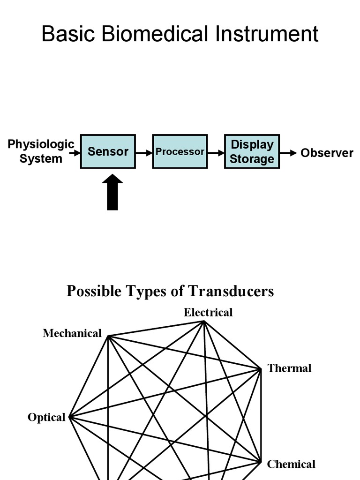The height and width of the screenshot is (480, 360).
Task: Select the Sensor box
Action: (108, 151)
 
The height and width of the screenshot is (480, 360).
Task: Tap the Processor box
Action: (180, 151)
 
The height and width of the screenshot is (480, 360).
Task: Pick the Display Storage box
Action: (252, 151)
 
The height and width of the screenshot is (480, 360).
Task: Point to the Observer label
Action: (327, 153)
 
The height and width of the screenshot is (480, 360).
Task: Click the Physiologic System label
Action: (41, 151)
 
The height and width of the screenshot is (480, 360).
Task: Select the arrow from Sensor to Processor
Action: (144, 153)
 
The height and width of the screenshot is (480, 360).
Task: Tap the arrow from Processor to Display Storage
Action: (216, 153)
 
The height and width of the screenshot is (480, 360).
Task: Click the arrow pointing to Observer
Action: (288, 153)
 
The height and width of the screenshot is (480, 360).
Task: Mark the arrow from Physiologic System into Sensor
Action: (75, 153)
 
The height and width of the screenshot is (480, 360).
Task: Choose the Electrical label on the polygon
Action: (208, 313)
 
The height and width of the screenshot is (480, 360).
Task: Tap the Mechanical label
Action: (72, 333)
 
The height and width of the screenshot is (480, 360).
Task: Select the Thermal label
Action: (289, 368)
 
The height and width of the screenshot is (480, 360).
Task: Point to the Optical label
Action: (46, 417)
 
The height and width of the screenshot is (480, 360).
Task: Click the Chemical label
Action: (291, 465)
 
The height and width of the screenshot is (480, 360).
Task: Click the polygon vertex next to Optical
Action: (70, 417)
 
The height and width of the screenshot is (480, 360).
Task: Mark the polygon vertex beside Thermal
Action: (261, 369)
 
